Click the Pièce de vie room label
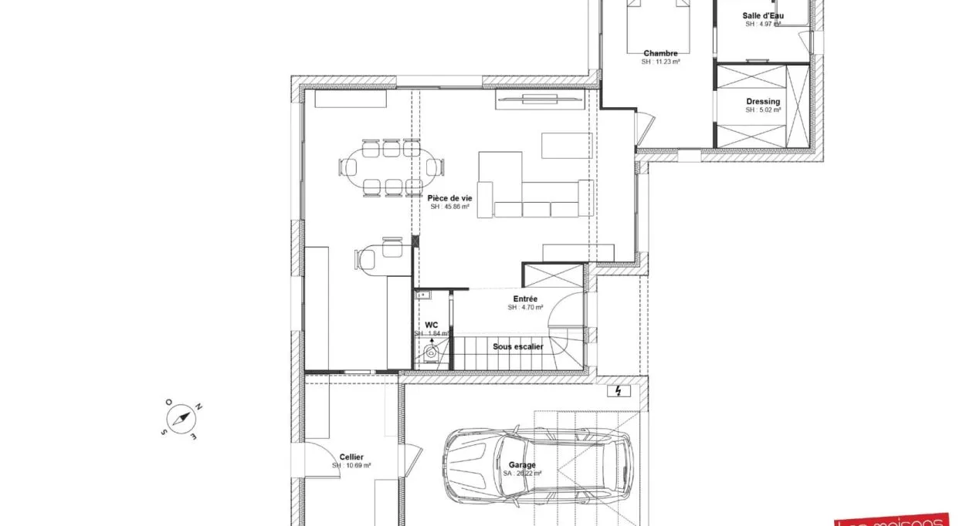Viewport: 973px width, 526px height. (x=449, y=198)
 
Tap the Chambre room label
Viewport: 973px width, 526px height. (x=660, y=53)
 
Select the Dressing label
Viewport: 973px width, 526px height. (x=763, y=101)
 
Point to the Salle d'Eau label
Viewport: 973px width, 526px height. (x=763, y=15)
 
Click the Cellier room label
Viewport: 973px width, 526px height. (x=351, y=457)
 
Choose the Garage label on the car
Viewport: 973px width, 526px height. (x=522, y=466)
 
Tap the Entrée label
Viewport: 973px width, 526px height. (x=525, y=298)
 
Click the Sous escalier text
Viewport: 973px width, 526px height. (x=518, y=347)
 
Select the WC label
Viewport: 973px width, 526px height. (x=431, y=325)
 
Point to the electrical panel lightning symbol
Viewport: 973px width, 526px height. (x=619, y=391)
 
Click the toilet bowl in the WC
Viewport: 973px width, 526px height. (x=431, y=354)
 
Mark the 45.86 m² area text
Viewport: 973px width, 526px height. (x=449, y=207)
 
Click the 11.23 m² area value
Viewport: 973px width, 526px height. (x=660, y=62)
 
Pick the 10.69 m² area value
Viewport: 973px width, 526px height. (x=351, y=466)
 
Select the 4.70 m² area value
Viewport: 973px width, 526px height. (x=525, y=307)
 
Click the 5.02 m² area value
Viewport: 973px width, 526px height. (x=763, y=110)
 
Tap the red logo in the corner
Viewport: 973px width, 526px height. (x=904, y=520)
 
